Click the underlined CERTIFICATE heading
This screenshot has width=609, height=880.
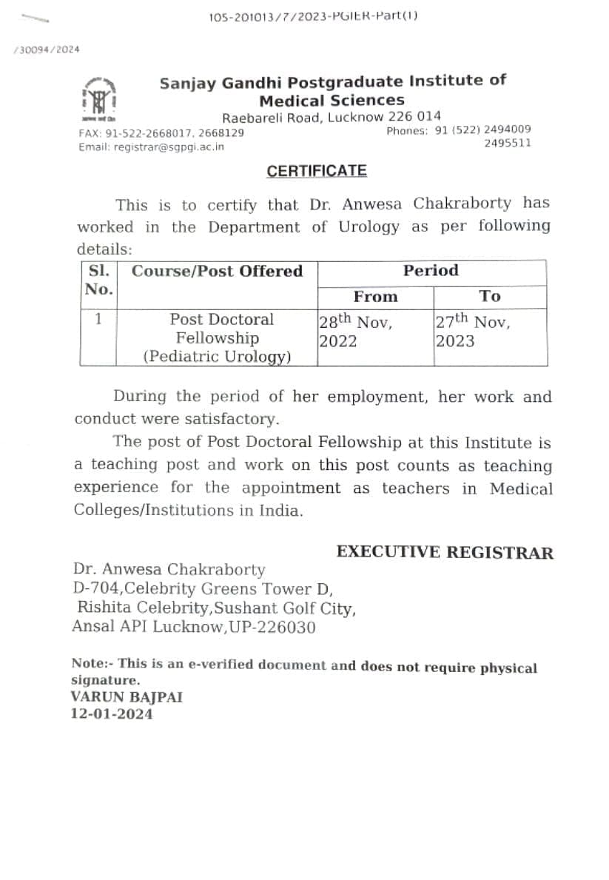(x=317, y=171)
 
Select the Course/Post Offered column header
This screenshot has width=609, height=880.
(x=217, y=271)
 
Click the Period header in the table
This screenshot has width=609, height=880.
(x=431, y=271)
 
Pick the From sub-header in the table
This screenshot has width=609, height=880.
(x=375, y=297)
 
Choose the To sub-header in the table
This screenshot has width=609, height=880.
(x=489, y=297)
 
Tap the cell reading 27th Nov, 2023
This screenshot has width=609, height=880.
(x=472, y=331)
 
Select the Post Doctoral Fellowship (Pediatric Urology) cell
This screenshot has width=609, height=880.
(x=217, y=338)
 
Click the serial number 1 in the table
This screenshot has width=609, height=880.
(x=98, y=320)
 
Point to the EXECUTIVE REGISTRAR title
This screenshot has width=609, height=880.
(x=444, y=552)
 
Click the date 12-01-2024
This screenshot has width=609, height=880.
(x=112, y=714)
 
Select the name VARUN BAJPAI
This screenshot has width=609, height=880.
(x=127, y=697)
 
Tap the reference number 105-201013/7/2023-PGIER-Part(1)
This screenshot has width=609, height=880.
(x=314, y=16)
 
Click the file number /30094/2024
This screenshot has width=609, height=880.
(x=46, y=50)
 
